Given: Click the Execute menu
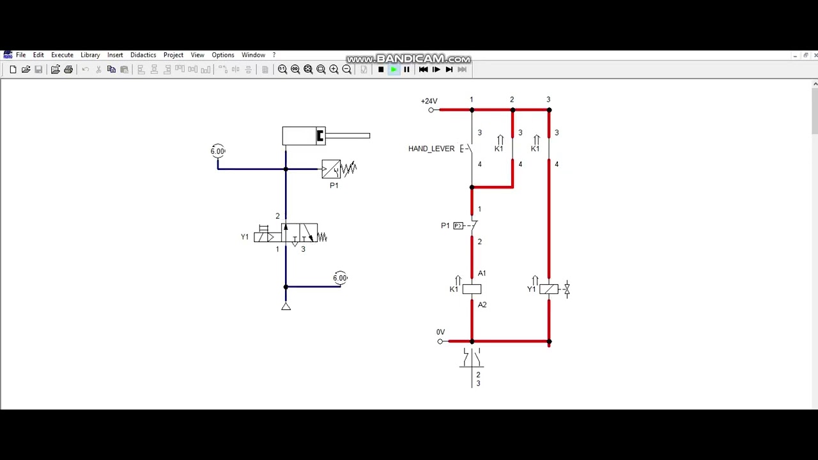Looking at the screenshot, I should pyautogui.click(x=62, y=55).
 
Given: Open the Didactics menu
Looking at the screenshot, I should pyautogui.click(x=143, y=55).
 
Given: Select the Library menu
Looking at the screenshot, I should pyautogui.click(x=90, y=55).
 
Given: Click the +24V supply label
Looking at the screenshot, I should pyautogui.click(x=429, y=101).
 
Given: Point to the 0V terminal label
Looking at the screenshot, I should pyautogui.click(x=440, y=332).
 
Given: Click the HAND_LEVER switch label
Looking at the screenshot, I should pyautogui.click(x=431, y=149).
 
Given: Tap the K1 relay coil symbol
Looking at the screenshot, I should pyautogui.click(x=472, y=289).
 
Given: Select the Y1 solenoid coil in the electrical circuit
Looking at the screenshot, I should pyautogui.click(x=548, y=289).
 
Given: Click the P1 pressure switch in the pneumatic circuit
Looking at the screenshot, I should pyautogui.click(x=332, y=169).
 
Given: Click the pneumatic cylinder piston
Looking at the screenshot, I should pyautogui.click(x=320, y=135).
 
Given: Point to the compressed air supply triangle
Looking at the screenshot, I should pyautogui.click(x=286, y=307).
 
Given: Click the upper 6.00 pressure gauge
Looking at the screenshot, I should pyautogui.click(x=218, y=151).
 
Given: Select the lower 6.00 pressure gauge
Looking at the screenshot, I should pyautogui.click(x=340, y=278).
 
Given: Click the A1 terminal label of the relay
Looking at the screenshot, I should pyautogui.click(x=482, y=273).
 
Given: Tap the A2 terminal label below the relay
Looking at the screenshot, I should pyautogui.click(x=482, y=305).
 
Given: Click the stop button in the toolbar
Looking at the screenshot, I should pyautogui.click(x=381, y=70).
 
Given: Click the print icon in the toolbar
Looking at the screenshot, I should pyautogui.click(x=68, y=70).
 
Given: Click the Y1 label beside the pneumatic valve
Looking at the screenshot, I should pyautogui.click(x=245, y=237).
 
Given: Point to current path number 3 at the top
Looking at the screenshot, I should pyautogui.click(x=548, y=100).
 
